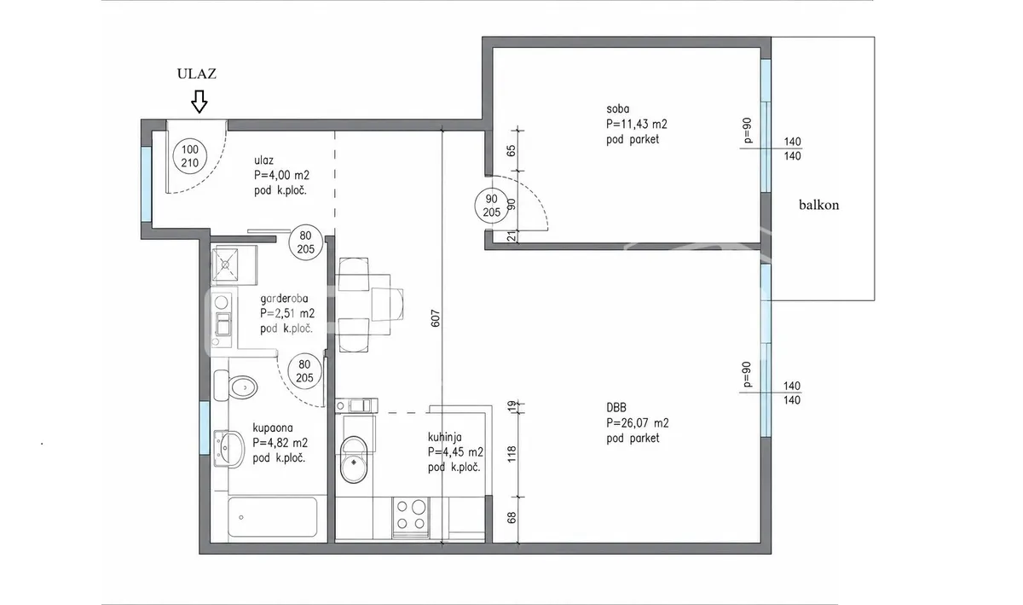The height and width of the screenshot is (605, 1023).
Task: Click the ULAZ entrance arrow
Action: pyautogui.click(x=199, y=101)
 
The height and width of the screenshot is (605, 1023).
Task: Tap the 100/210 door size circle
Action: pyautogui.click(x=190, y=156)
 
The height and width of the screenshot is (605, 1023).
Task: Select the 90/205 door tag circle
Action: pyautogui.click(x=491, y=206)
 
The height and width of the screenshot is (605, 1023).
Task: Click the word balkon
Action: pyautogui.click(x=819, y=205)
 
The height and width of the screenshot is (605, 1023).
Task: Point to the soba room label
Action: pyautogui.click(x=618, y=109)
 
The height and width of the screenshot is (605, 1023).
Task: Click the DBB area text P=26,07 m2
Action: pyautogui.click(x=638, y=423)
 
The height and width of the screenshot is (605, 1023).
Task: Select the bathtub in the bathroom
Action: pyautogui.click(x=273, y=517)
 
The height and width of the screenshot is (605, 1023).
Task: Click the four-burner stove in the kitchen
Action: pyautogui.click(x=411, y=517)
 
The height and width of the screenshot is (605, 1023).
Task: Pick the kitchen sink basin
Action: pyautogui.click(x=354, y=460)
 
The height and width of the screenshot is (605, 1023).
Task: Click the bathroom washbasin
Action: pyautogui.click(x=228, y=449)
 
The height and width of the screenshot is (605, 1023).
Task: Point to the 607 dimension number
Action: pyautogui.click(x=436, y=318)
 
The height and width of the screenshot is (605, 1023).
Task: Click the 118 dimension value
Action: pyautogui.click(x=511, y=453)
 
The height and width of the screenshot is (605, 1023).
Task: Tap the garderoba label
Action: pyautogui.click(x=284, y=299)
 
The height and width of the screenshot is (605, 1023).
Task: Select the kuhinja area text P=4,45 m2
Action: pyautogui.click(x=455, y=452)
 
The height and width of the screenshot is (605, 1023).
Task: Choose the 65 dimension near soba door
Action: pyautogui.click(x=511, y=150)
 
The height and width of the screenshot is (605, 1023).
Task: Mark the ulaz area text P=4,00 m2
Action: pyautogui.click(x=282, y=175)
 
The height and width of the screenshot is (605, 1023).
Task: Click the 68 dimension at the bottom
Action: pyautogui.click(x=511, y=518)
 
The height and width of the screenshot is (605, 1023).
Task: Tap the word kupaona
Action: pyautogui.click(x=273, y=428)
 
